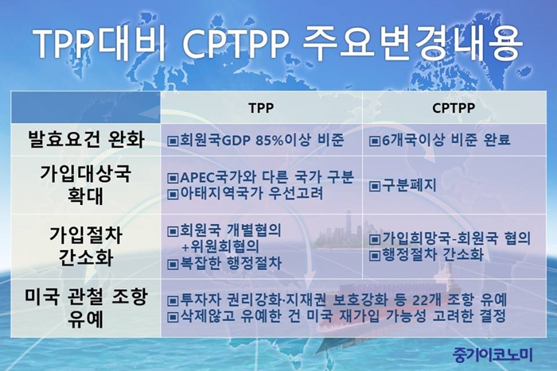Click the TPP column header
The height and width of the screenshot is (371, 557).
(x=261, y=108)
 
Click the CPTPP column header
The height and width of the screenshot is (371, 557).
(x=454, y=108)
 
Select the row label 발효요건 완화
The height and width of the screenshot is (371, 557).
(x=86, y=139)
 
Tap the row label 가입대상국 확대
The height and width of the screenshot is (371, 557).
(x=86, y=185)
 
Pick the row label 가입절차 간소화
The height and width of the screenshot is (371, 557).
(x=86, y=245)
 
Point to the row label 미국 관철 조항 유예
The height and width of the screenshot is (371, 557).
(x=86, y=308)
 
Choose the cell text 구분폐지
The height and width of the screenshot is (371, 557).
(x=408, y=186)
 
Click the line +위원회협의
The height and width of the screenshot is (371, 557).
(x=220, y=246)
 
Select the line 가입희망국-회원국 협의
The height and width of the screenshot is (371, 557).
(x=456, y=238)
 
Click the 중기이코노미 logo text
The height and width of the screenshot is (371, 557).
(x=493, y=354)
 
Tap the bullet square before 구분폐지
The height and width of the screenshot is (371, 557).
(x=375, y=186)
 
